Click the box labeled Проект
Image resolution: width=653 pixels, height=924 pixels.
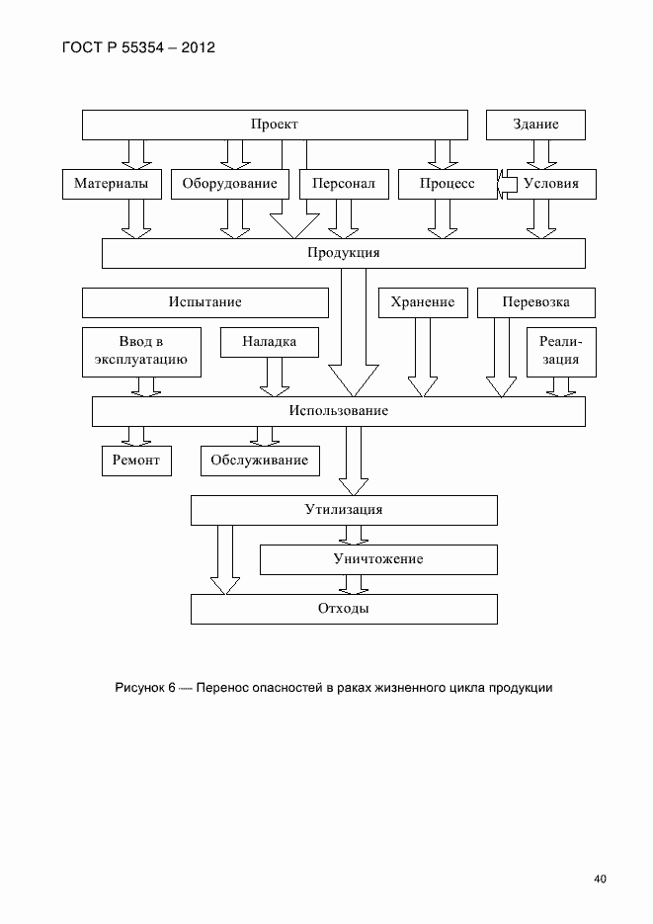274,125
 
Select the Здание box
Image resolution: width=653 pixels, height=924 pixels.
535,125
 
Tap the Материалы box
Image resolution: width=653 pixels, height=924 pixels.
112,184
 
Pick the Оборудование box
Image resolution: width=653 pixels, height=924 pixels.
230,184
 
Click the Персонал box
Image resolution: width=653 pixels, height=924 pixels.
344,184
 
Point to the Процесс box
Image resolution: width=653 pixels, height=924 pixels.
447,184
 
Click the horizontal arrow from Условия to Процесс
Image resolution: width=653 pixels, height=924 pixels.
508,184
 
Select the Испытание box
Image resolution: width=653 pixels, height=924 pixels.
204,302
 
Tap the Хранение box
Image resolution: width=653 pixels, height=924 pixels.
422,302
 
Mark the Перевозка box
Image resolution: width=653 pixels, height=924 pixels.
535,302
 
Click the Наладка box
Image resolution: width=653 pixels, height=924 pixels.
270,342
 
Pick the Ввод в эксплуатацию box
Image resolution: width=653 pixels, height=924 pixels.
141,352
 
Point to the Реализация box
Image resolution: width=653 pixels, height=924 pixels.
560,352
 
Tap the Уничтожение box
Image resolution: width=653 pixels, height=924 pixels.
377,559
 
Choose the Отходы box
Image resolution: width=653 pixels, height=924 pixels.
343,609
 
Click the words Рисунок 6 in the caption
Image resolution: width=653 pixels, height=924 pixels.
144,688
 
